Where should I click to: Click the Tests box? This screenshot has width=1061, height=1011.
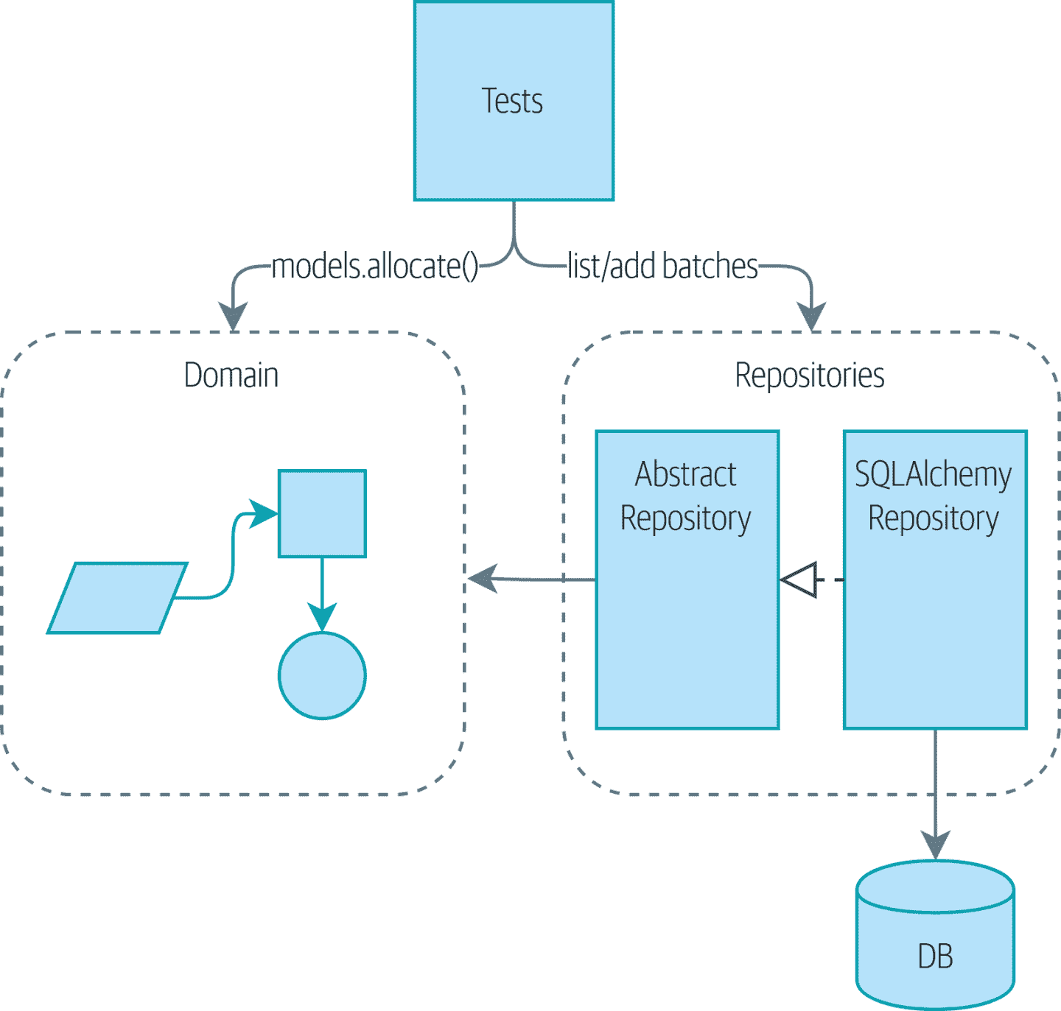click(x=514, y=101)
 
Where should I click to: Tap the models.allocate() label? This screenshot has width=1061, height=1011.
click(x=375, y=266)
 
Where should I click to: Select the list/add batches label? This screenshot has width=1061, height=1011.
click(x=662, y=266)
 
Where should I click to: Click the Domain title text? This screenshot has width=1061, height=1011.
click(x=231, y=375)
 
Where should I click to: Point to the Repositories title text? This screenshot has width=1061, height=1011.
click(x=809, y=375)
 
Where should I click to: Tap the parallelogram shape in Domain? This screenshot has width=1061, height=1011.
click(x=117, y=598)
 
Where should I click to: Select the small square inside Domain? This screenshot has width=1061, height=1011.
click(x=322, y=513)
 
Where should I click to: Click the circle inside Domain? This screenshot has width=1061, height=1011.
click(x=322, y=675)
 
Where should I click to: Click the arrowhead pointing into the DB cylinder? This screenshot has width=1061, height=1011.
click(x=935, y=845)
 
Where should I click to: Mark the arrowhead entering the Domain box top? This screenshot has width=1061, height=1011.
click(x=234, y=317)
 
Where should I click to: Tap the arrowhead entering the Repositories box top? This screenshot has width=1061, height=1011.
click(x=812, y=317)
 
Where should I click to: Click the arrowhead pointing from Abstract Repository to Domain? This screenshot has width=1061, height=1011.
click(x=483, y=579)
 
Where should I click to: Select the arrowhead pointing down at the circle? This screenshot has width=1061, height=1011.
click(x=322, y=617)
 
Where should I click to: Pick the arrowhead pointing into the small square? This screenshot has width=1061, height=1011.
click(x=263, y=513)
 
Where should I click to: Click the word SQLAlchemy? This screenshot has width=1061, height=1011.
click(x=933, y=474)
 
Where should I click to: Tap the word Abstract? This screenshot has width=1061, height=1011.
click(x=685, y=474)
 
